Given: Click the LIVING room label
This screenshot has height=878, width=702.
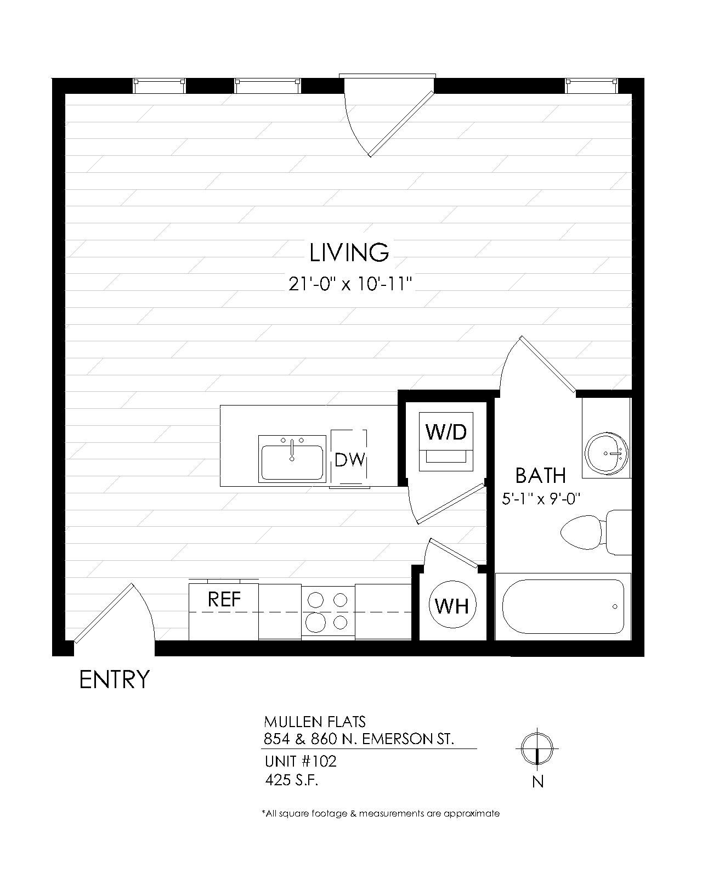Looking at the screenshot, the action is [x=349, y=252].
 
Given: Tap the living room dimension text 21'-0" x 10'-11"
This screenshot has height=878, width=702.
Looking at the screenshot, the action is [x=350, y=284].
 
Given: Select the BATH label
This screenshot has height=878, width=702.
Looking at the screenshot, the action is [x=540, y=475].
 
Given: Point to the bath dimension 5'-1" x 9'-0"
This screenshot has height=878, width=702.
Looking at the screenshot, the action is [x=541, y=499].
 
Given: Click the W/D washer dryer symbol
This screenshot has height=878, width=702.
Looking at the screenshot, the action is [x=446, y=441].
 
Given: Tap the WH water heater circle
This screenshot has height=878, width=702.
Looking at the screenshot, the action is [x=452, y=605].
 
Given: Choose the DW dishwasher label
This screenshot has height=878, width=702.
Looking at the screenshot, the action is [x=349, y=460].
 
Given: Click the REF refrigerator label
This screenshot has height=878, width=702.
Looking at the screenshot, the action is [x=224, y=599].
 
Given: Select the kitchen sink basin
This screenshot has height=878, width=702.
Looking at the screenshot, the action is [x=292, y=462].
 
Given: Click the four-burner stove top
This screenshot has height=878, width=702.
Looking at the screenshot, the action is [x=328, y=612].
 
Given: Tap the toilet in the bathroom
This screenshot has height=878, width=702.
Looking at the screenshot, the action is [x=596, y=532].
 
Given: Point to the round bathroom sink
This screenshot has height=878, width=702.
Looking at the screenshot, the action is [x=607, y=453].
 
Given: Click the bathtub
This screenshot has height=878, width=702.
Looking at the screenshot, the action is [x=563, y=607].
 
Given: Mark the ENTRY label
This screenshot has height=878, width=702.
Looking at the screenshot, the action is [x=115, y=679].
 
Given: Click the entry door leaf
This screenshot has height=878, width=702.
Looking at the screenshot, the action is [x=104, y=613].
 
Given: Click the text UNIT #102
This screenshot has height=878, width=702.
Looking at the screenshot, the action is [x=301, y=761].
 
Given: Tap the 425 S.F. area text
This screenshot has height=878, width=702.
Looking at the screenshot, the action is [x=291, y=780].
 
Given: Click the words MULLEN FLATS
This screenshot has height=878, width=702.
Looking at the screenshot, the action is [x=315, y=722].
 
